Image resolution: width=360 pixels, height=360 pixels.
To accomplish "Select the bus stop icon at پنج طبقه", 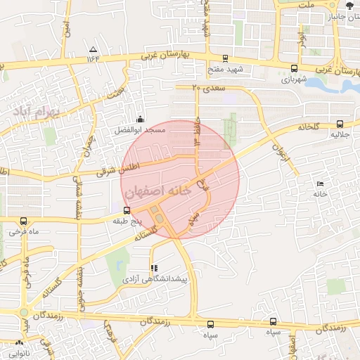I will (x=127, y=210).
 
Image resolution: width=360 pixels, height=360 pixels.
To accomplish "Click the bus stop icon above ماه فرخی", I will (x=24, y=220).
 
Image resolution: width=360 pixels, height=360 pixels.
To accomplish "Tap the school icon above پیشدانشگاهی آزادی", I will (x=154, y=268).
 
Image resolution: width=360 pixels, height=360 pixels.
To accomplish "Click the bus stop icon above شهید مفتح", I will (x=225, y=59).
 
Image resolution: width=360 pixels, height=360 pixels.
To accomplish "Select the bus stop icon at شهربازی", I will (x=293, y=68).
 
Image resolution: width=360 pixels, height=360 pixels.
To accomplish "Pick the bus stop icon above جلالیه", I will (x=340, y=122).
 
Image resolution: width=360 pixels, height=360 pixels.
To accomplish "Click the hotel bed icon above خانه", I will (x=321, y=184).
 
